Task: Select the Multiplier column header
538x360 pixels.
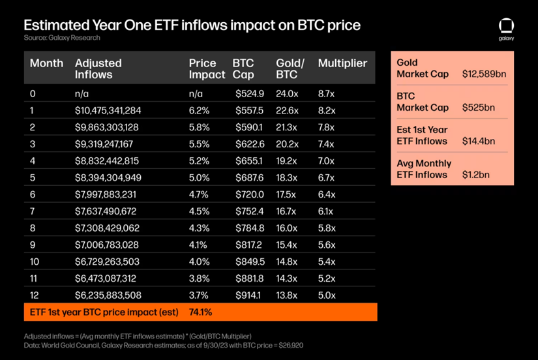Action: point(342,63)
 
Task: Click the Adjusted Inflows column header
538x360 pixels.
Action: point(98,68)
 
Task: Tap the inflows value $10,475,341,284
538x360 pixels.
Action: point(108,111)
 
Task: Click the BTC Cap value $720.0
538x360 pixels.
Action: point(249,194)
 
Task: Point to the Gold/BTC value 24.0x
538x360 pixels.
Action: point(288,94)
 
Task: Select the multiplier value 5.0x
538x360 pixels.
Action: point(327,295)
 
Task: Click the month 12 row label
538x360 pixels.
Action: point(35,295)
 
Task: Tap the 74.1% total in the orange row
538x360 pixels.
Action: point(200,312)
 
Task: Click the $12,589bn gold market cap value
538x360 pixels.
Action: point(484,74)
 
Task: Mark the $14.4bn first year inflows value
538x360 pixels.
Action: point(479,141)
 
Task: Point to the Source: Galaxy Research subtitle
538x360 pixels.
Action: point(62,38)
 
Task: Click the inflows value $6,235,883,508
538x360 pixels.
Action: point(108,295)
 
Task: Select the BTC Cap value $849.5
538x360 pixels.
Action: point(249,262)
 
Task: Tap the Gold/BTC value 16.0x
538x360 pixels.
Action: point(287,228)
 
